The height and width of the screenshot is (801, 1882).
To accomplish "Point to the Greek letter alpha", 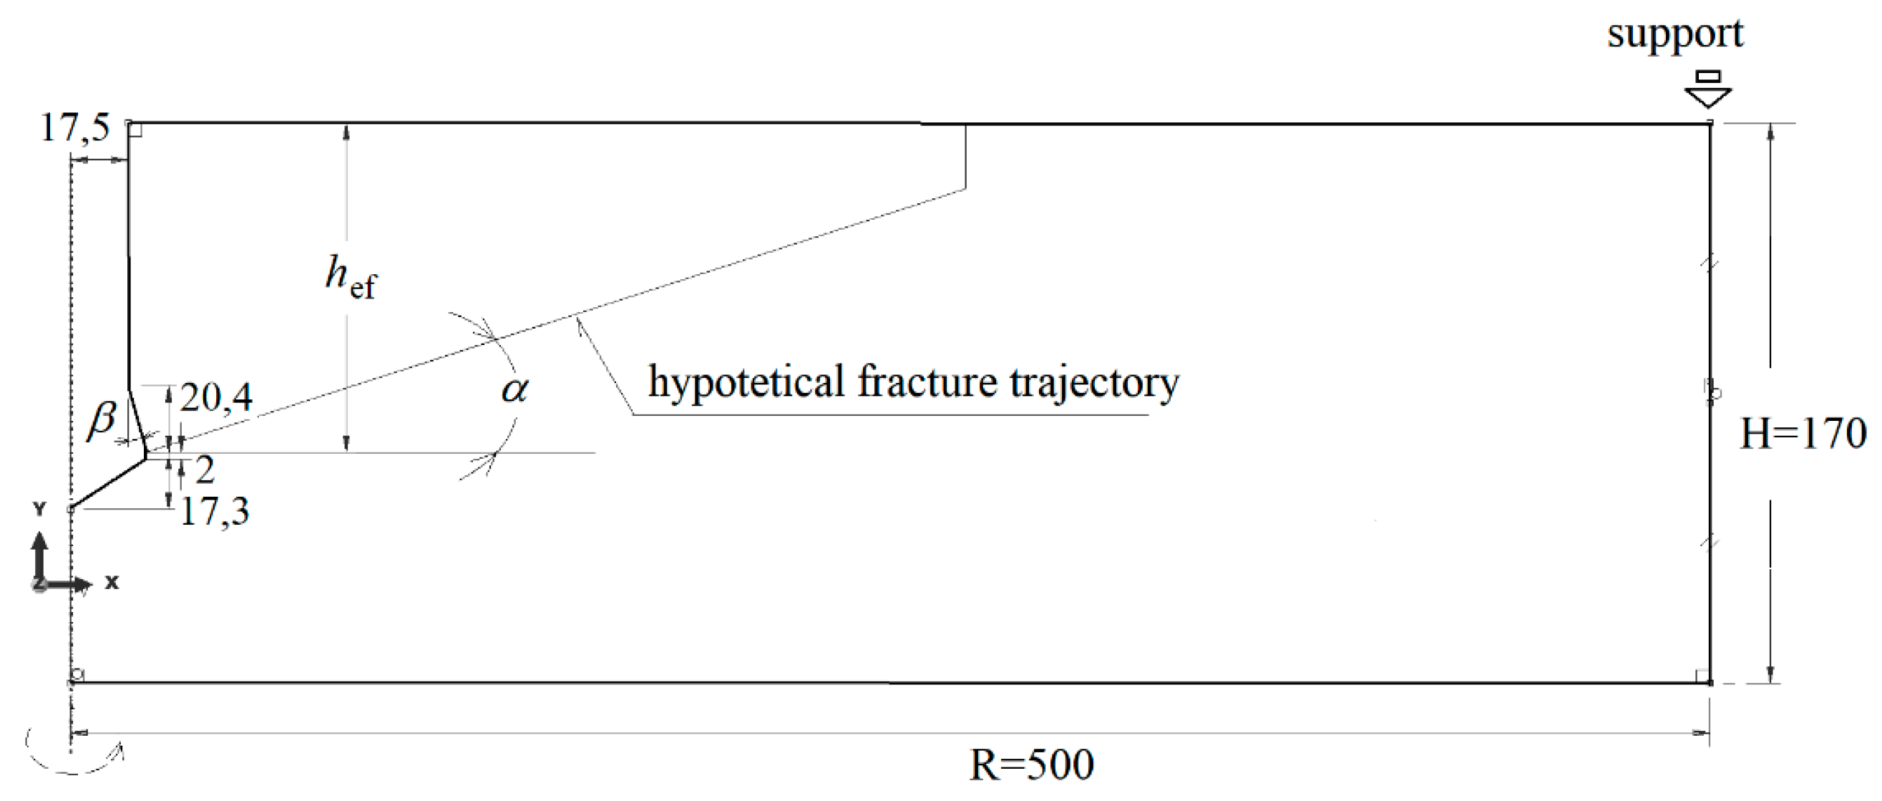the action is click(515, 389).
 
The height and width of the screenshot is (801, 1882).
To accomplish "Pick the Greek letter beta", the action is click(102, 419).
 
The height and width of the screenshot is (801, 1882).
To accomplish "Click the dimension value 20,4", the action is click(216, 398).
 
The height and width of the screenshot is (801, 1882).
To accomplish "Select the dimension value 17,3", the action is click(215, 511).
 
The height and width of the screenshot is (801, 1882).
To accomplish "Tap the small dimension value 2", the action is click(205, 470).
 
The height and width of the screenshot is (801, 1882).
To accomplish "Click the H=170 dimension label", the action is click(1803, 433).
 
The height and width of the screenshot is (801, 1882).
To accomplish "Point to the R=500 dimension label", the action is click(1031, 765).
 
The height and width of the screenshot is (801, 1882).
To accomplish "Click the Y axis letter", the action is click(39, 508).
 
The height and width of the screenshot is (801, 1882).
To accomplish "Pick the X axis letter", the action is click(112, 583).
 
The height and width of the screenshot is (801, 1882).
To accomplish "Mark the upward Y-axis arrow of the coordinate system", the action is click(40, 545).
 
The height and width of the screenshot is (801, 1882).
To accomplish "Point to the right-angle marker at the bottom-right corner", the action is click(1702, 676).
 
